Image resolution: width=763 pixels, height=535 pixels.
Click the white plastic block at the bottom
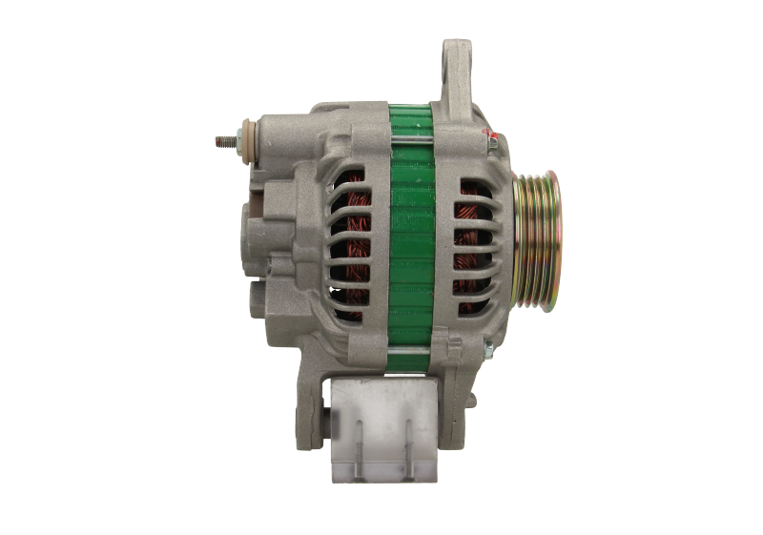pyautogui.click(x=378, y=429)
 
